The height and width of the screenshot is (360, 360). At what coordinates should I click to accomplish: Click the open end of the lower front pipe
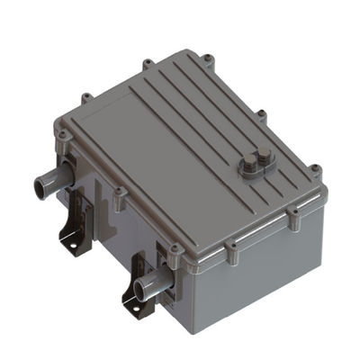click(140, 291)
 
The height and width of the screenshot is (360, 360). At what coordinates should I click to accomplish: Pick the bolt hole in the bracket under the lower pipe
click(134, 314)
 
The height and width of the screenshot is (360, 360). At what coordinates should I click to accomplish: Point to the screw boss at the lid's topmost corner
click(207, 59)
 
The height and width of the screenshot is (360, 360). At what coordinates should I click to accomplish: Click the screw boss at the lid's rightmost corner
click(315, 169)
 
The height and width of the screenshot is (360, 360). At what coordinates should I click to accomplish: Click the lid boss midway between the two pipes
click(118, 193)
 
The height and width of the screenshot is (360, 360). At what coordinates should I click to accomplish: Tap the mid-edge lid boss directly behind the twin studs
click(262, 115)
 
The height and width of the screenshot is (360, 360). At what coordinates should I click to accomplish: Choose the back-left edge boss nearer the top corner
click(146, 65)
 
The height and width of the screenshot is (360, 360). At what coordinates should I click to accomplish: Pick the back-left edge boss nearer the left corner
click(86, 97)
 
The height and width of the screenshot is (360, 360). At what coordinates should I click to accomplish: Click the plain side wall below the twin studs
click(270, 261)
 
